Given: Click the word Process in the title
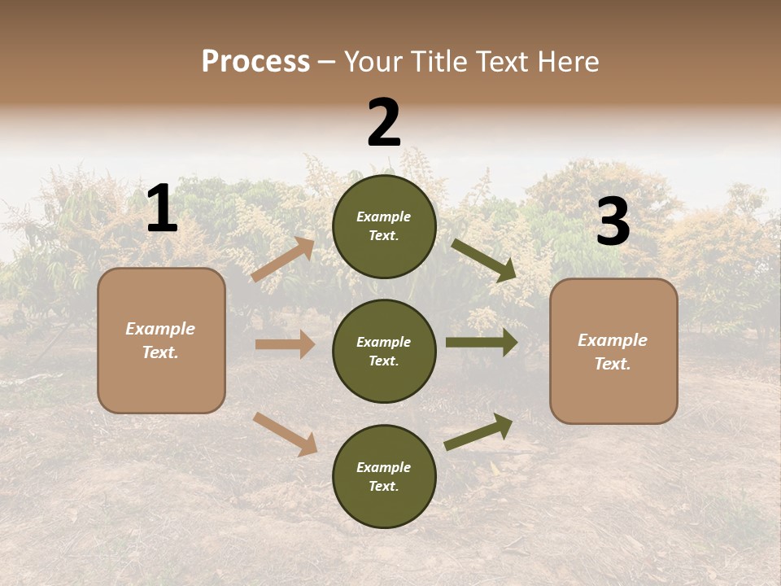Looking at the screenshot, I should pyautogui.click(x=255, y=62).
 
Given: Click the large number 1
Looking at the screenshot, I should pyautogui.click(x=162, y=210).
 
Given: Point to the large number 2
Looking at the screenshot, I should pyautogui.click(x=384, y=123).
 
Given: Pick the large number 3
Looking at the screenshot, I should pyautogui.click(x=613, y=223).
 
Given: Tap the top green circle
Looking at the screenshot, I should pyautogui.click(x=384, y=226).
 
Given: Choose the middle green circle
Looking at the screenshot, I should pyautogui.click(x=384, y=351).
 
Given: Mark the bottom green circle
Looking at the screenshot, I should pyautogui.click(x=384, y=476).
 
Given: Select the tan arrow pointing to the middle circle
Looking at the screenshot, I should pyautogui.click(x=285, y=344).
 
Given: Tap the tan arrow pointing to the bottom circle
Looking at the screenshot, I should pyautogui.click(x=286, y=433).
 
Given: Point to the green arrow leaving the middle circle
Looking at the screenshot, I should pyautogui.click(x=482, y=343).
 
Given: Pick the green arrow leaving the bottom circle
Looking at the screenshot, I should pyautogui.click(x=479, y=431).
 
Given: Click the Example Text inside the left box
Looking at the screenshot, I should pyautogui.click(x=160, y=340).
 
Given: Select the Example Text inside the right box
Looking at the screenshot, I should pyautogui.click(x=613, y=352).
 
